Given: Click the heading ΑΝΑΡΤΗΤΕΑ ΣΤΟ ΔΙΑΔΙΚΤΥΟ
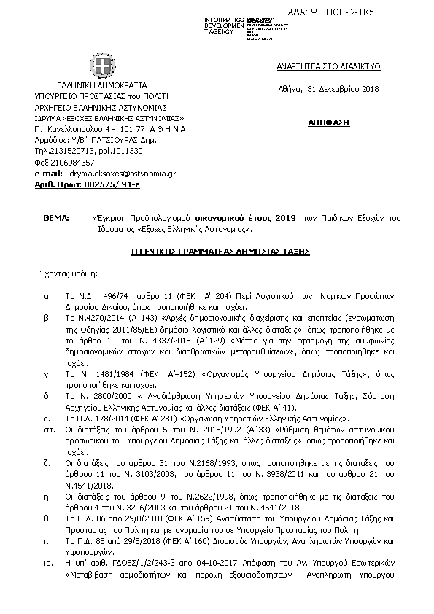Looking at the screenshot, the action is tap(318, 66).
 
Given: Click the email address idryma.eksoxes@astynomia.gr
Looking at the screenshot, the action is tap(122, 174).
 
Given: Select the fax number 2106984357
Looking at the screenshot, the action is tap(75, 162).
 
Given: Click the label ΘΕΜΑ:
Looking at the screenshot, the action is tap(55, 218).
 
